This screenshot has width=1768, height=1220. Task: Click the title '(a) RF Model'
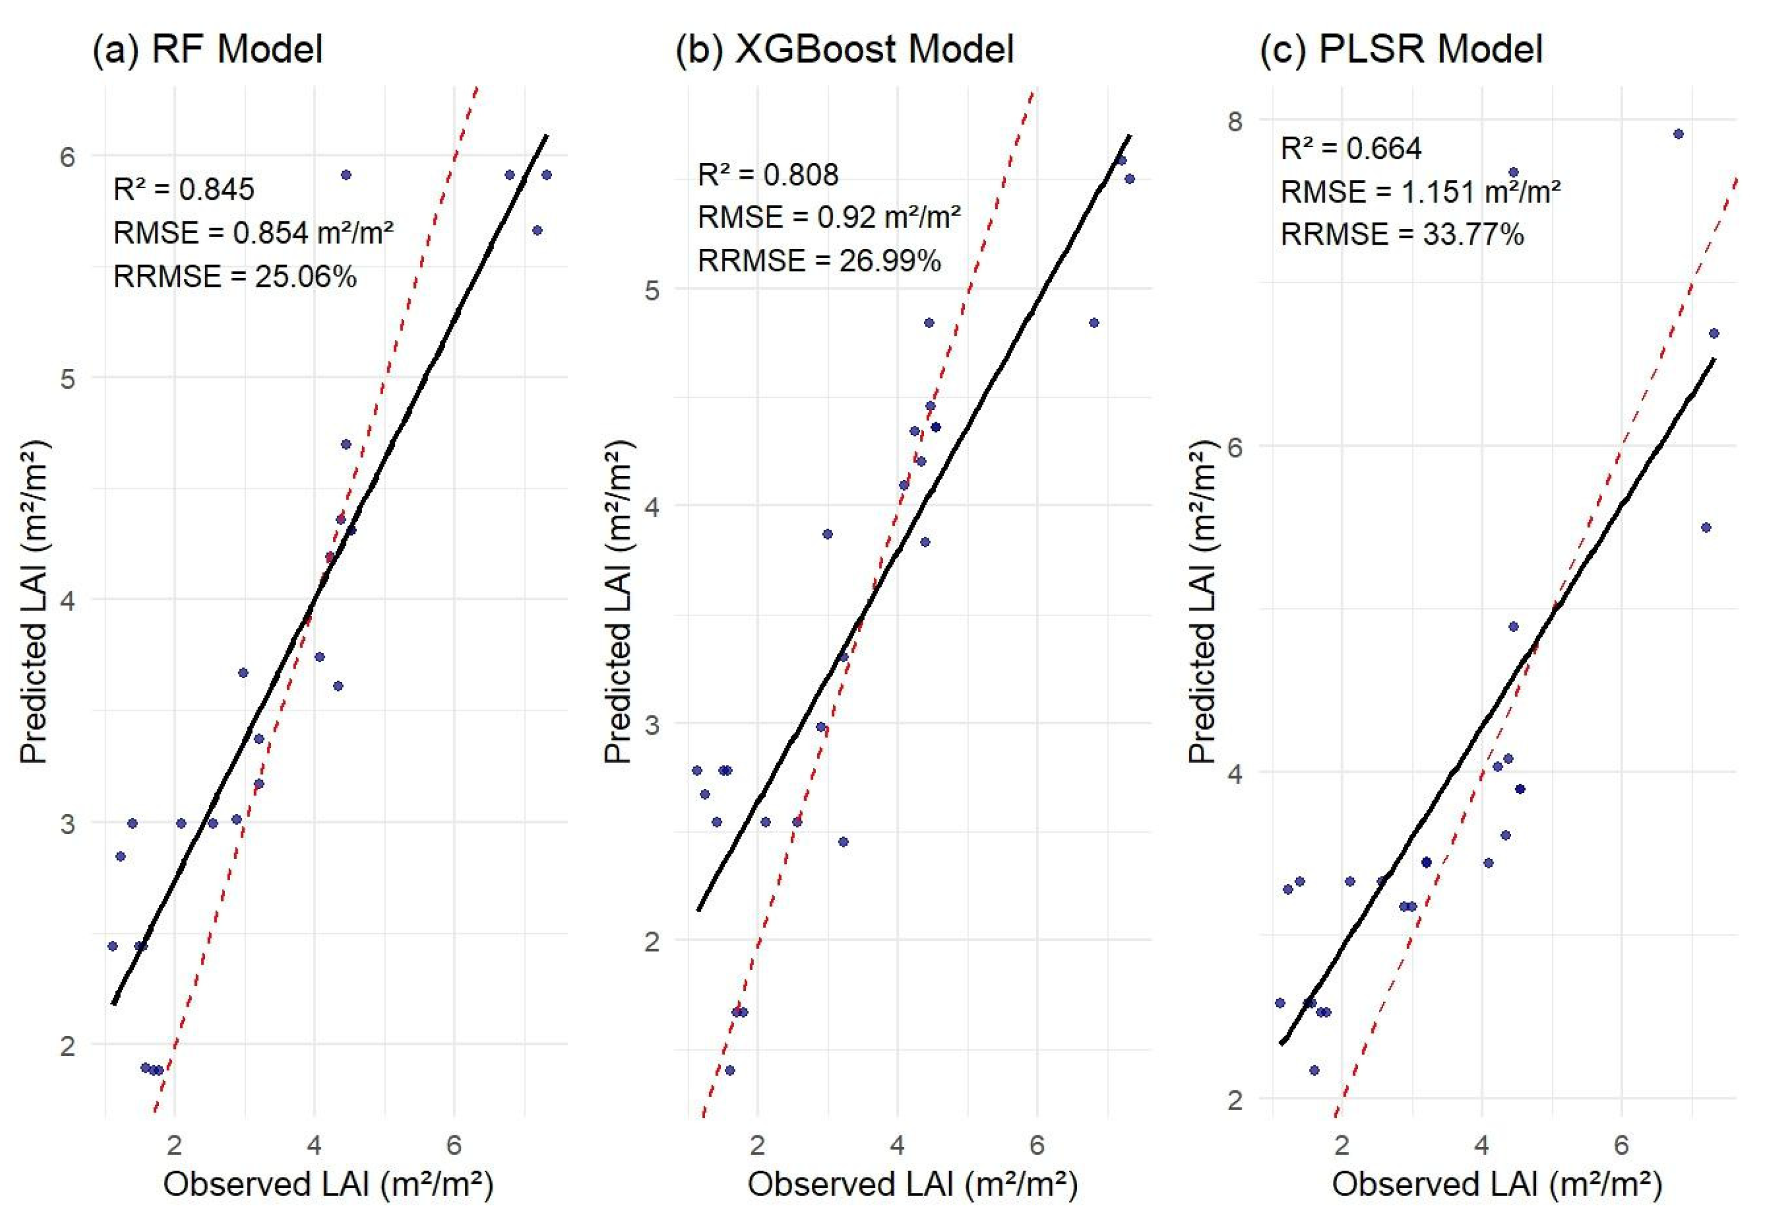pos(207,50)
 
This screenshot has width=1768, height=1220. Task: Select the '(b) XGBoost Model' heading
pos(844,50)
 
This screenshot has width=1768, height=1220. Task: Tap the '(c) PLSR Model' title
pos(1401,50)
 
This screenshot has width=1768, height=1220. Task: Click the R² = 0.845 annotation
pos(183,189)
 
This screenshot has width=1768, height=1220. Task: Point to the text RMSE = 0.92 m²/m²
pos(829,218)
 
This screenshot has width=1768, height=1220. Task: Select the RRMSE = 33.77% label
pos(1402,234)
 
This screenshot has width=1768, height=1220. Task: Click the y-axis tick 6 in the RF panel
pos(67,156)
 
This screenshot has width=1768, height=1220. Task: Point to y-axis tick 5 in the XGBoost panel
pos(651,290)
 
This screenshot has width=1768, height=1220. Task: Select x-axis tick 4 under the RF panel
pos(314,1144)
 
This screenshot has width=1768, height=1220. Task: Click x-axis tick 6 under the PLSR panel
pos(1620,1144)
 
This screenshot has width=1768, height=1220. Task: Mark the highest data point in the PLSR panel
pos(1679,134)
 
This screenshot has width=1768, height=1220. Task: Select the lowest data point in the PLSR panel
pos(1314,1070)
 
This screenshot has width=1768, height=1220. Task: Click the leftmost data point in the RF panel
pos(112,946)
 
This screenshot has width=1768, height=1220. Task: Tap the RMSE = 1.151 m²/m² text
pos(1420,191)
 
